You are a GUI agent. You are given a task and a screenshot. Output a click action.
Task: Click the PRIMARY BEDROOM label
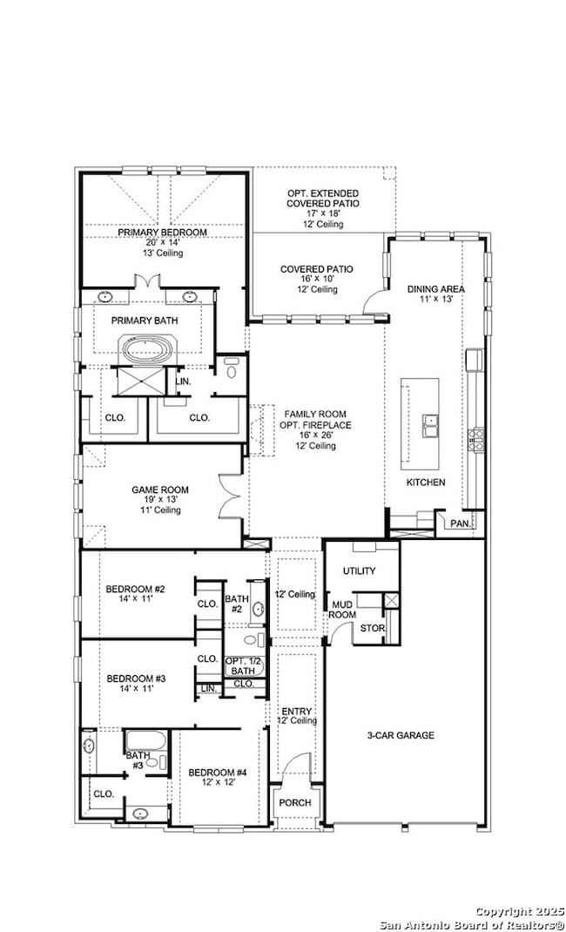(163, 233)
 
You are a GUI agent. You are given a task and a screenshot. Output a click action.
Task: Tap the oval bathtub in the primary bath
(148, 350)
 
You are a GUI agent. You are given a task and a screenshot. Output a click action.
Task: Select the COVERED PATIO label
(316, 269)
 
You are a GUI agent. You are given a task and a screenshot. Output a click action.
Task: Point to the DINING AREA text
(435, 289)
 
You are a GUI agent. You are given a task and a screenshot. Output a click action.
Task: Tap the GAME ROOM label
(159, 490)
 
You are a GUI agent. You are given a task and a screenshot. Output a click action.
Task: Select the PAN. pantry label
(459, 523)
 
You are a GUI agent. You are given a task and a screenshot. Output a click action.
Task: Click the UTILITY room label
(359, 571)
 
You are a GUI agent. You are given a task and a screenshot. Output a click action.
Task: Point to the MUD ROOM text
(340, 609)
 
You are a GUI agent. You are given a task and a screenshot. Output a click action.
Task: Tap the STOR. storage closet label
(373, 627)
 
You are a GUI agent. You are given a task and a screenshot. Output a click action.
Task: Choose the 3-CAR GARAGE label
(400, 735)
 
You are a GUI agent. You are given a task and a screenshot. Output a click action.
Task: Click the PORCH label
(294, 802)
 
